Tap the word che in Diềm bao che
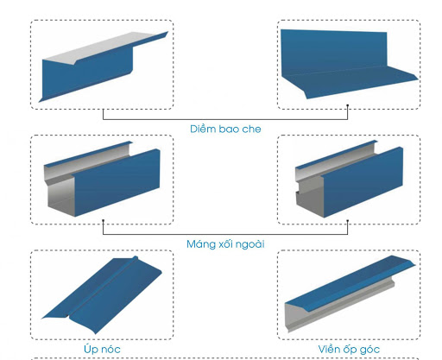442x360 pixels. [x=251, y=129]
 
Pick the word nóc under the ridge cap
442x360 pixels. [x=111, y=350]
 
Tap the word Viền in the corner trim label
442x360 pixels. [x=329, y=349]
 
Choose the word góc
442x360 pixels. [x=369, y=350]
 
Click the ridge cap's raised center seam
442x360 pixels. [x=102, y=287]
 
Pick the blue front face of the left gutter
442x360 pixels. [x=117, y=182]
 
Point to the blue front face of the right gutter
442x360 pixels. [x=363, y=182]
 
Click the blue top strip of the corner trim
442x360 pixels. [x=350, y=283]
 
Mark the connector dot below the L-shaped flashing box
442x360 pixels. [x=348, y=105]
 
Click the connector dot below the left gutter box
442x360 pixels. [x=104, y=221]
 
